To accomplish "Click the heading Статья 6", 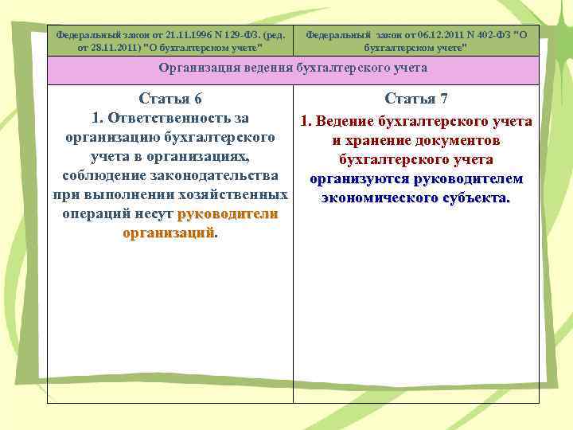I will [x=170, y=99].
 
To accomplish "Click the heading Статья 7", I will [x=415, y=99].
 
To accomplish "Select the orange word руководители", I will [x=228, y=214].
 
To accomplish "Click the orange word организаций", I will [x=169, y=233].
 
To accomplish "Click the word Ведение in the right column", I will [x=345, y=121].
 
